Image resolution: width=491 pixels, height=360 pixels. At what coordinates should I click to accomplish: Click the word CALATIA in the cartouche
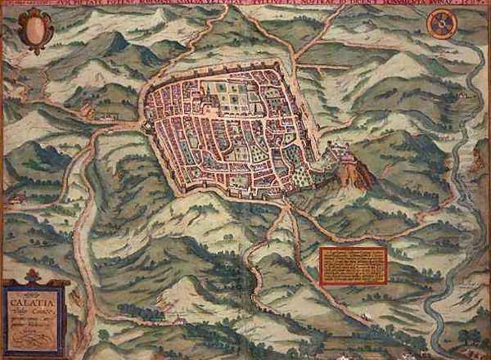(30, 299)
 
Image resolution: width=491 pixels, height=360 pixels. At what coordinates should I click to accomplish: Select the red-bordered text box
(352, 265)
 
